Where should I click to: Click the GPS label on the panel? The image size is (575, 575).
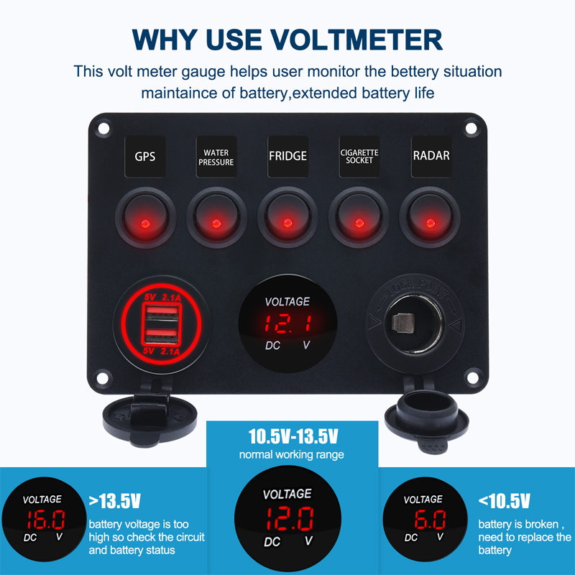click(145, 157)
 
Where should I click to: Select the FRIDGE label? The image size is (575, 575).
click(287, 156)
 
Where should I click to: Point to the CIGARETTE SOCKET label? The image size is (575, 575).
click(359, 156)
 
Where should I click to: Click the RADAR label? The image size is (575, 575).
click(431, 156)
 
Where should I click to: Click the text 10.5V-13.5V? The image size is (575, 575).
click(292, 436)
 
